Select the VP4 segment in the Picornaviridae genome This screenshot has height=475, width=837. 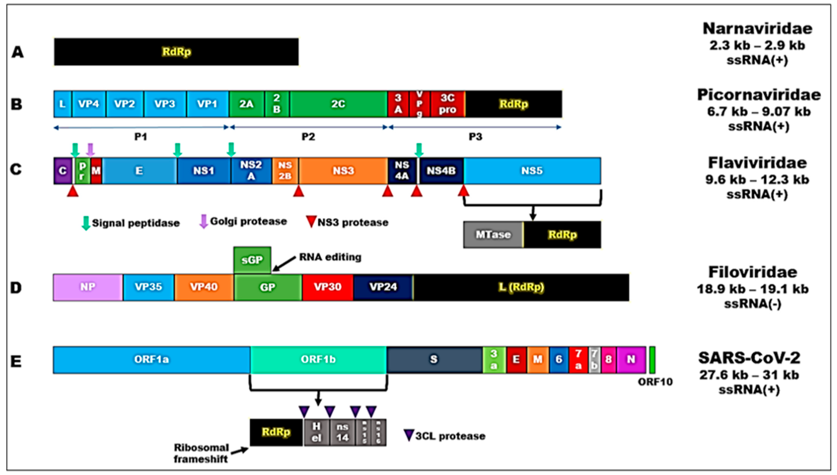point(89,104)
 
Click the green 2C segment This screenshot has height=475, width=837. point(338,104)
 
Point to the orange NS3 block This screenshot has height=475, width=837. point(343,171)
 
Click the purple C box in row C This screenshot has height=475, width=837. point(63,171)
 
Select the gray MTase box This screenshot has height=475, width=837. point(493,234)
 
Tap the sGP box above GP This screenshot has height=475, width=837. point(252,260)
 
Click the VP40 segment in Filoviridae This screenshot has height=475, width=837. point(204,287)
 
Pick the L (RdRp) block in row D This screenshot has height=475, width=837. point(521,287)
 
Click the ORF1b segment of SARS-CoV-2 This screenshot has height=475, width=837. point(318,360)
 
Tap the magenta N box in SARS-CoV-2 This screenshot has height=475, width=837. point(631,360)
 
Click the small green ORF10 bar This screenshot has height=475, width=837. point(652,360)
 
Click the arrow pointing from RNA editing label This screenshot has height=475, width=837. point(284,264)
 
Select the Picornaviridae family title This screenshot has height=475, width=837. point(759,95)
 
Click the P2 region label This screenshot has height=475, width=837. point(308,137)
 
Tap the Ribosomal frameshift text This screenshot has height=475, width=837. point(201,453)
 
